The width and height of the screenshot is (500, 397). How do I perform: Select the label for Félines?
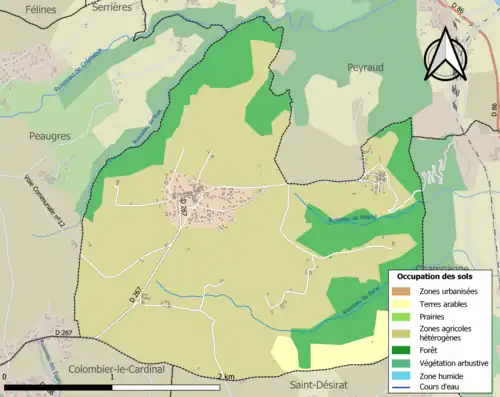pos(25,8)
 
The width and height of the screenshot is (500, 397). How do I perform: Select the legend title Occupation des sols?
pos(435,277)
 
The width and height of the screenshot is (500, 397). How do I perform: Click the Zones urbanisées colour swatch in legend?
pos(405,291)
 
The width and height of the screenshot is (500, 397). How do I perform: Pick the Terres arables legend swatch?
pos(405,303)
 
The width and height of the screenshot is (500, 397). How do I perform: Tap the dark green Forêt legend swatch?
pos(405,350)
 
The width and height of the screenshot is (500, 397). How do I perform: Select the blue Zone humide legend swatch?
pos(405,374)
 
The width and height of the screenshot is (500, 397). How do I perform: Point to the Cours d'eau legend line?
pos(405,386)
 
